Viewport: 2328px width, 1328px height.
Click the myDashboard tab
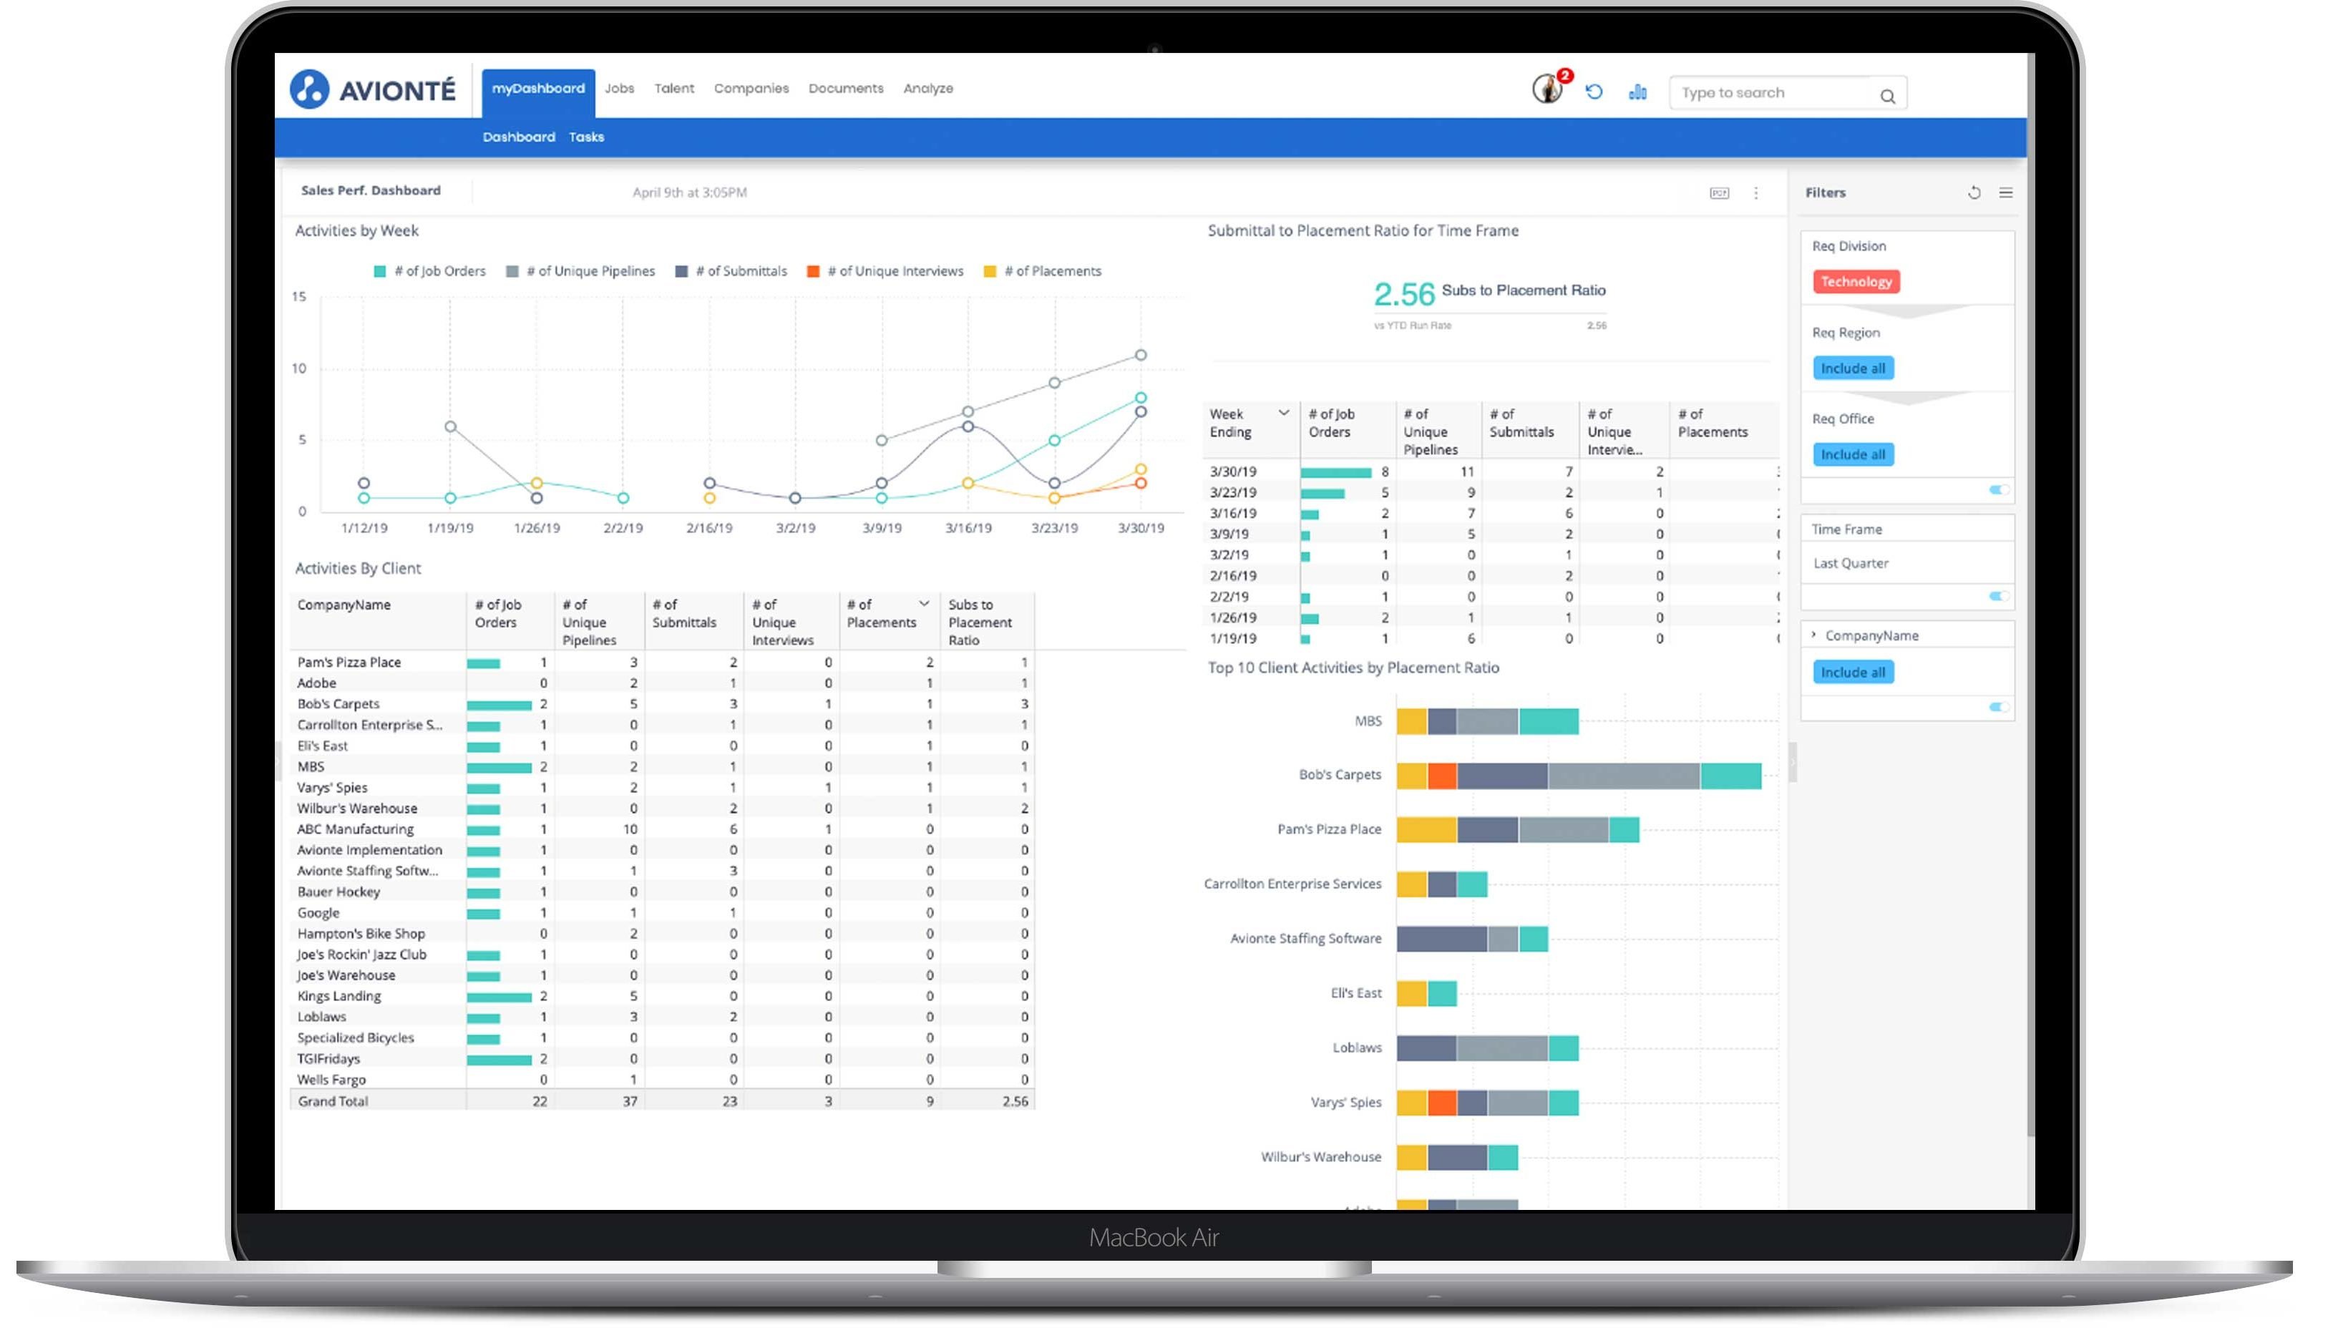(x=537, y=89)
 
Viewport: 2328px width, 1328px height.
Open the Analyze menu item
(x=927, y=89)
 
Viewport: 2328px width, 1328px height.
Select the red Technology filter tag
(x=1856, y=282)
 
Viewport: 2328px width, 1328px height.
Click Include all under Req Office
(x=1852, y=454)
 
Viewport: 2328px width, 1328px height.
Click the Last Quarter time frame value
(x=1850, y=564)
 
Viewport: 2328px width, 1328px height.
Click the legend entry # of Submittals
(x=740, y=271)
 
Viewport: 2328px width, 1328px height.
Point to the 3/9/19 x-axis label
(x=881, y=528)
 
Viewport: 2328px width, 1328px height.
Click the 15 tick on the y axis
(x=299, y=296)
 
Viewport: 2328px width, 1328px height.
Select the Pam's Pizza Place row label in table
(x=349, y=662)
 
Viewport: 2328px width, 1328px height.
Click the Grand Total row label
(x=333, y=1101)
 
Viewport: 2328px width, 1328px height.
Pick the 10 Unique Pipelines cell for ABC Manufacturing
(x=630, y=829)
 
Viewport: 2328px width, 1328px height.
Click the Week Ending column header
(x=1231, y=423)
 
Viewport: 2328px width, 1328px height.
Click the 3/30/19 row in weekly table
(x=1232, y=472)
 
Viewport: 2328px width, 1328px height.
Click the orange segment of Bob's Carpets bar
(x=1441, y=776)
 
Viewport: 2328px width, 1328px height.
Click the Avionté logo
(x=372, y=89)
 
